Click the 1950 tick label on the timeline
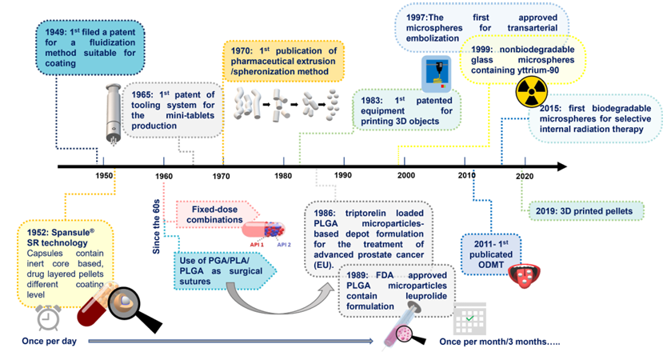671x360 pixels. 104,175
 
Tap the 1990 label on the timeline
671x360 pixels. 343,175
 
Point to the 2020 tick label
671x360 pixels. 525,175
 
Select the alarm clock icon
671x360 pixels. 50,318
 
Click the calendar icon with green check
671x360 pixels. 469,320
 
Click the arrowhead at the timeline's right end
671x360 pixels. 561,166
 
